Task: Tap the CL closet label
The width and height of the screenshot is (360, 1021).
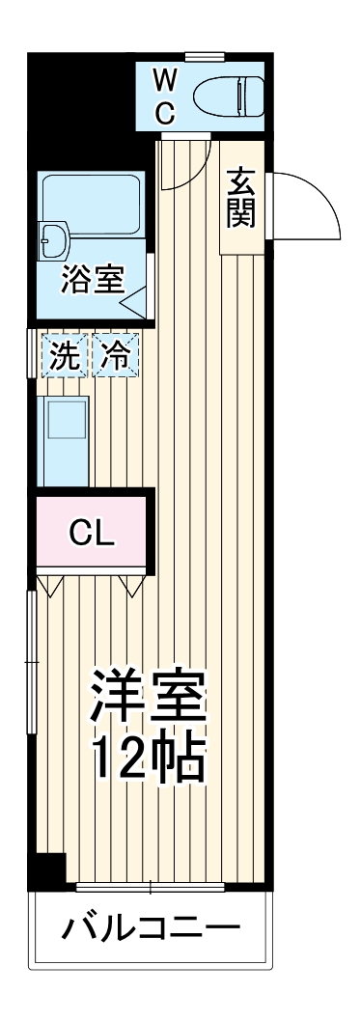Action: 92,532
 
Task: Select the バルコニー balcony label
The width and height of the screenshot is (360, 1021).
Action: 151,930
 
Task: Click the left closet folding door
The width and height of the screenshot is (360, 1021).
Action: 51,585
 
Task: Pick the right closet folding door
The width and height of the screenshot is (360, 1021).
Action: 133,585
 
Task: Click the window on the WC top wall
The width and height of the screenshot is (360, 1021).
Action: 205,55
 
